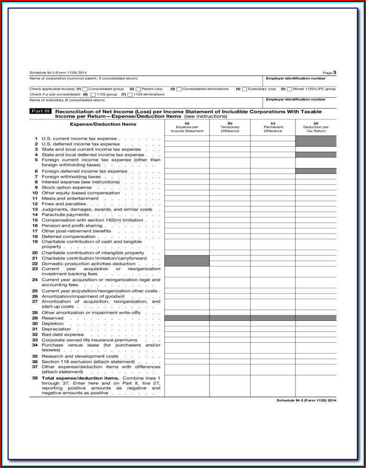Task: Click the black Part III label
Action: [x=40, y=111]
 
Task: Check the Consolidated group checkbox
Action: [x=85, y=89]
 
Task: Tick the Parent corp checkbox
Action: [x=138, y=89]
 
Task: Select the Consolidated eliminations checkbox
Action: [x=179, y=89]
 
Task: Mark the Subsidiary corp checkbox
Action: [x=244, y=89]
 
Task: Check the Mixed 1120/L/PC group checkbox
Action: [x=289, y=89]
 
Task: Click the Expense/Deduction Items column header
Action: [x=103, y=124]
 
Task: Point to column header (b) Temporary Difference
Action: [x=230, y=127]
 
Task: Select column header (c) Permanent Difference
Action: [x=273, y=127]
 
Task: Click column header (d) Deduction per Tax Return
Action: [x=316, y=127]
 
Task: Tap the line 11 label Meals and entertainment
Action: [x=70, y=198]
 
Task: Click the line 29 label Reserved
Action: [x=52, y=318]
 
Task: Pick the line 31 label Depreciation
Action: [x=56, y=329]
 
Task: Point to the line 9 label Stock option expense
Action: [x=66, y=187]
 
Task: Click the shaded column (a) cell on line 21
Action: [x=187, y=261]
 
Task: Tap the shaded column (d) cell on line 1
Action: [x=316, y=141]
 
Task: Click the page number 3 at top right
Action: [x=335, y=72]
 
